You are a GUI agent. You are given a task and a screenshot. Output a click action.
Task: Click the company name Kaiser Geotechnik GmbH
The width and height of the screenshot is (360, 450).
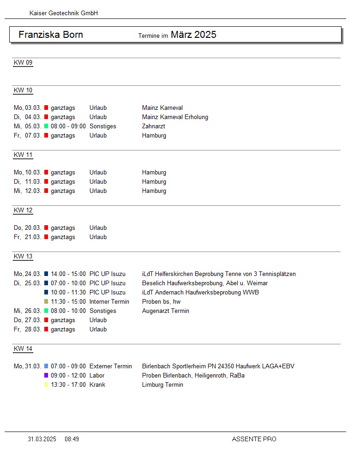(64, 13)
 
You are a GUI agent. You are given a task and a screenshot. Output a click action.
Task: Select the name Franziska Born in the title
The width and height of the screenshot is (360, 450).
(51, 35)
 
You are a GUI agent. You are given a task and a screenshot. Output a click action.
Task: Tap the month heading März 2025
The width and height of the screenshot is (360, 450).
(193, 35)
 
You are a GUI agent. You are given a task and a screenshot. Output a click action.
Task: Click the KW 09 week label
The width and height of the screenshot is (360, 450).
(23, 63)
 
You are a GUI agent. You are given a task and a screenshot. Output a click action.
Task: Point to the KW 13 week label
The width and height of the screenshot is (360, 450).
(23, 257)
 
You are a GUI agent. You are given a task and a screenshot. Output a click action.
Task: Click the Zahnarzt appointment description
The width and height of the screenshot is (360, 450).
(154, 126)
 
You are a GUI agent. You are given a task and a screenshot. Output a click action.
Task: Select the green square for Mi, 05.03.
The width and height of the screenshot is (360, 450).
(46, 126)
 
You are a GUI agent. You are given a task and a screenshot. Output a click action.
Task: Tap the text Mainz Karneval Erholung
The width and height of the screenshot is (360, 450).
(175, 117)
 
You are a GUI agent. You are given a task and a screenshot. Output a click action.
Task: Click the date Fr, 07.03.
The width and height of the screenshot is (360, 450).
(28, 136)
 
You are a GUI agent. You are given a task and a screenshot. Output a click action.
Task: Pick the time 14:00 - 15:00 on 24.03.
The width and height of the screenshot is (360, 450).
(68, 274)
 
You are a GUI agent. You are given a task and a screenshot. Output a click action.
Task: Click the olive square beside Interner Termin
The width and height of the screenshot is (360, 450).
(46, 302)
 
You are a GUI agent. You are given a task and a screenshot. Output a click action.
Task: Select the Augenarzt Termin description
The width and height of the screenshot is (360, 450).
(166, 311)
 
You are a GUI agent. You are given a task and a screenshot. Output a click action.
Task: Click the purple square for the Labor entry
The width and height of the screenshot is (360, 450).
(46, 376)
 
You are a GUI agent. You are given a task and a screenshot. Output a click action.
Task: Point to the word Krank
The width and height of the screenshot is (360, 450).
(97, 385)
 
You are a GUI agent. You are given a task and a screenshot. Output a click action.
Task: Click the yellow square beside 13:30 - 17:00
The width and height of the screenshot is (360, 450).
(46, 385)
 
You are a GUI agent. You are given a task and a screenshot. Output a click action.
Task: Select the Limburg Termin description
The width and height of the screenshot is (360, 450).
(162, 385)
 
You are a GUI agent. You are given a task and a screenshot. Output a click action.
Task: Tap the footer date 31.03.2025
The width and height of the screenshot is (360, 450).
(42, 439)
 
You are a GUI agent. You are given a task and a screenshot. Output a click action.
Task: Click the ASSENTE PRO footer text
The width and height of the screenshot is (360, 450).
(254, 439)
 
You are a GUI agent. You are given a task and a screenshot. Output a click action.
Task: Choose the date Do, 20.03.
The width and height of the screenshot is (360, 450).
(28, 228)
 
